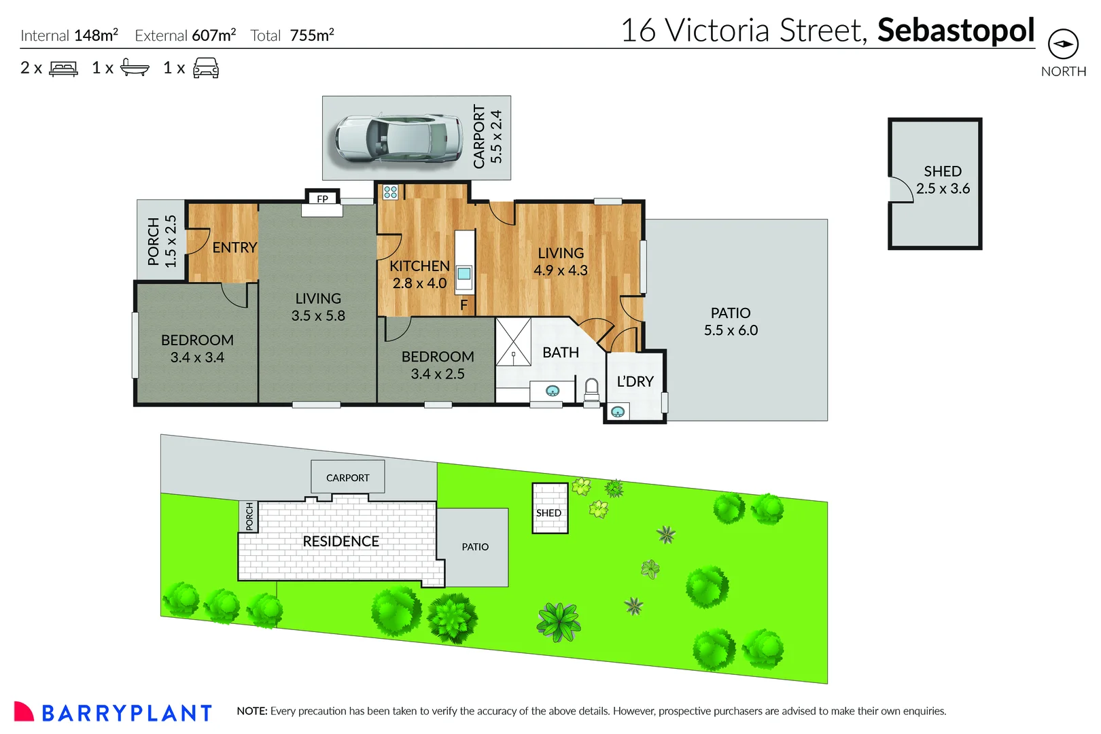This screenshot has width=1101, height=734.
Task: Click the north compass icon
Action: tap(1063, 44)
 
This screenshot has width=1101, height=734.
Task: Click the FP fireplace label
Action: tap(322, 198)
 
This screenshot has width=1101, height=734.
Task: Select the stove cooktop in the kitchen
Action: tap(390, 192)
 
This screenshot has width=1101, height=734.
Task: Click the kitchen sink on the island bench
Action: tap(464, 273)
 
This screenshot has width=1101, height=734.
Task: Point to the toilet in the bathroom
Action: tap(591, 389)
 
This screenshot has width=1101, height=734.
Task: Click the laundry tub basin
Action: tap(618, 411)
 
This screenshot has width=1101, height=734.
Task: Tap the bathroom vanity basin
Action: tap(553, 391)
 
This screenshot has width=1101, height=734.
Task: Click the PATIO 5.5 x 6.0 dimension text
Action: tap(731, 330)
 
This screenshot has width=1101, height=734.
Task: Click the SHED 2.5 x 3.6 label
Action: tap(943, 180)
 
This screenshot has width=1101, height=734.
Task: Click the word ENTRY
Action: tap(234, 247)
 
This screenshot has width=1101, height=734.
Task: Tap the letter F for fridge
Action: tap(464, 305)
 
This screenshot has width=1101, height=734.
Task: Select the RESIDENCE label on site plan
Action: tap(340, 541)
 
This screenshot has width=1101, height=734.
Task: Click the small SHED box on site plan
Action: tap(549, 508)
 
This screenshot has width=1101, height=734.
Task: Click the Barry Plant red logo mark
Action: tap(23, 711)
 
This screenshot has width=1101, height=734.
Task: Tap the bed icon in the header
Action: tap(64, 68)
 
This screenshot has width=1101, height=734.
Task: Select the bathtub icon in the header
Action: tap(135, 67)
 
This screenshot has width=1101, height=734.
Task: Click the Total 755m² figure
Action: tap(293, 35)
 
